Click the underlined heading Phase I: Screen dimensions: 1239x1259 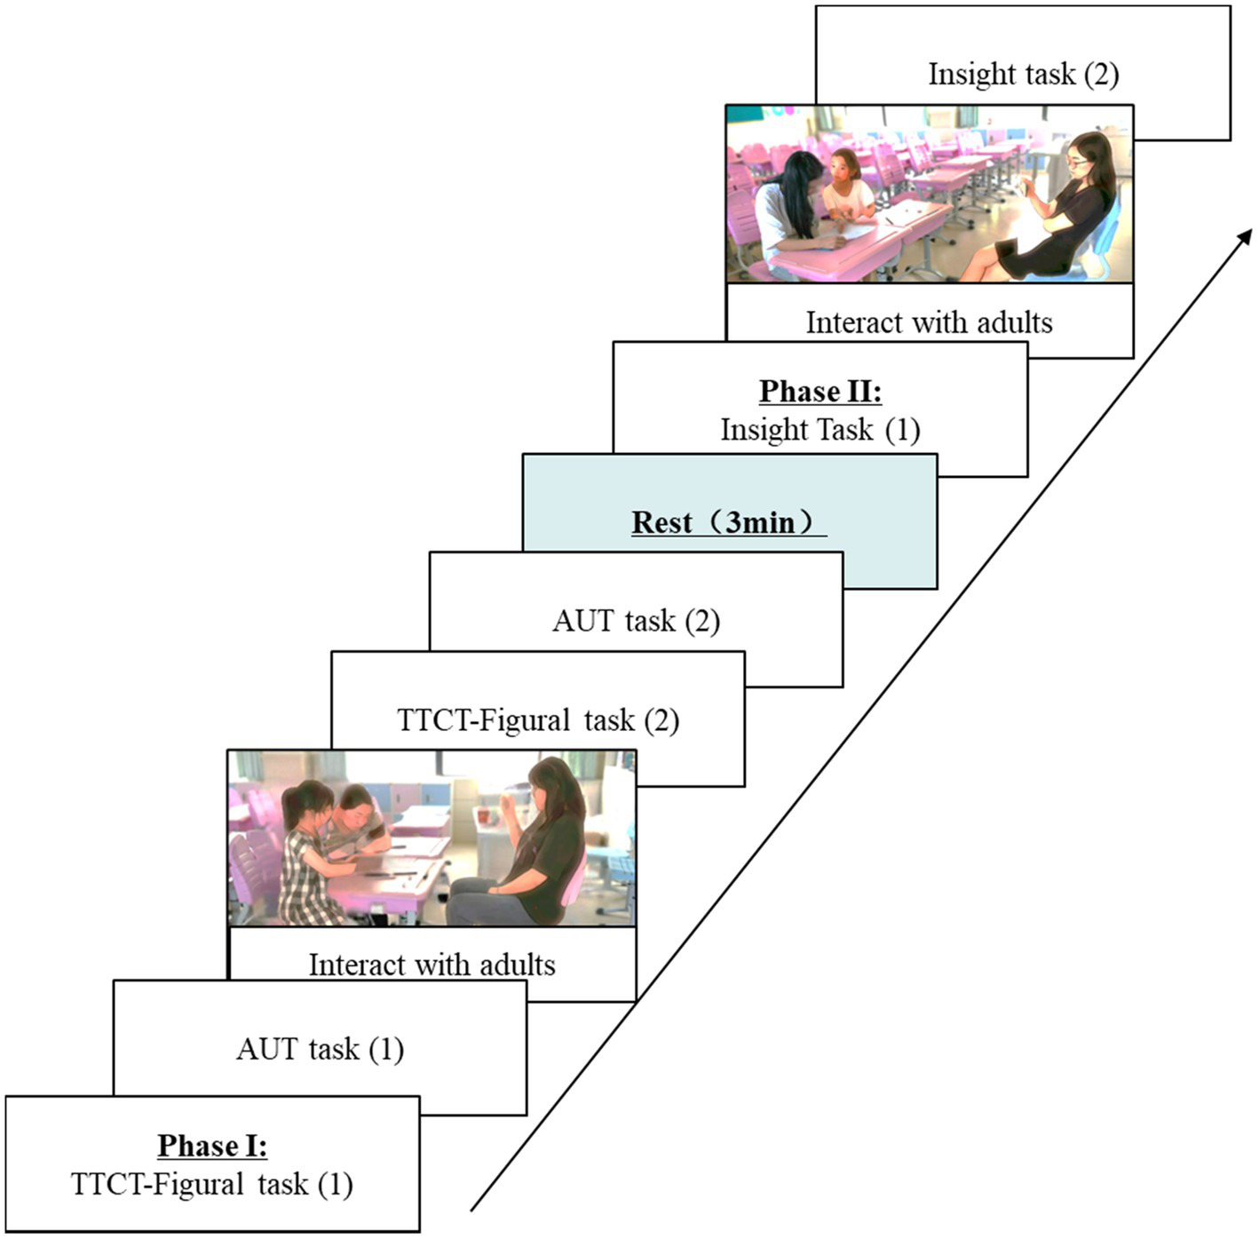tap(212, 1146)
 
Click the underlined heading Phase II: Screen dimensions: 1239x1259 tap(820, 391)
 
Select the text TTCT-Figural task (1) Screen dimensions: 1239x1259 tap(211, 1184)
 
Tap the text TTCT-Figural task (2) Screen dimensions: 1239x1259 tap(538, 719)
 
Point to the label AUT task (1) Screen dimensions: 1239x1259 tap(320, 1049)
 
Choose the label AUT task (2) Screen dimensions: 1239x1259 tap(636, 620)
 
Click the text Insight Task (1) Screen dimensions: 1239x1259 tap(820, 430)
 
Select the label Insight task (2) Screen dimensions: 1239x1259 tap(1023, 74)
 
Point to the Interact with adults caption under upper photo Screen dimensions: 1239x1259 tap(929, 322)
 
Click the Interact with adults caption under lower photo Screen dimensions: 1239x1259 tap(432, 965)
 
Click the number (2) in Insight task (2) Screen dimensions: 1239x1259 tap(1100, 74)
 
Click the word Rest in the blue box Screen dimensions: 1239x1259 tap(661, 521)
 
